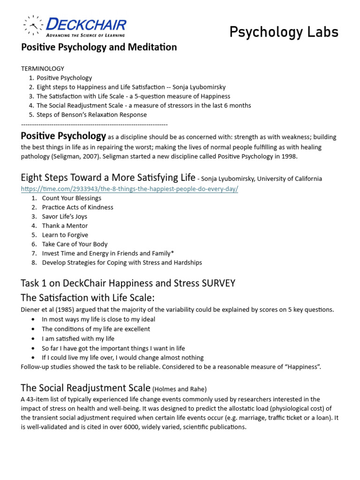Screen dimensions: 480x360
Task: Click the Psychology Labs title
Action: [x=284, y=32]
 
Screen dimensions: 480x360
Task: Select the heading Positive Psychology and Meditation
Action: [x=99, y=47]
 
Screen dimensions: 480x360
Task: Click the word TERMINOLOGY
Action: [x=43, y=68]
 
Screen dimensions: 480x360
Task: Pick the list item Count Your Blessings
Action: [x=71, y=198]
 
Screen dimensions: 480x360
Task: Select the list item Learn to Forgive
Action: [x=65, y=235]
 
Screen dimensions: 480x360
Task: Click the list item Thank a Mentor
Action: [x=65, y=225]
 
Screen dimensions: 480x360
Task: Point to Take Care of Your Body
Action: [x=75, y=244]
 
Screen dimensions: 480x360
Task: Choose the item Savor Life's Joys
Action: [x=64, y=217]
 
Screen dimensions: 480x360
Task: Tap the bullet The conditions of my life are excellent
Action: [x=96, y=329]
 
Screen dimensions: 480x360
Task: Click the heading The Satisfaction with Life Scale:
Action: [x=88, y=298]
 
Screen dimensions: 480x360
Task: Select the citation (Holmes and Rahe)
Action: [x=180, y=389]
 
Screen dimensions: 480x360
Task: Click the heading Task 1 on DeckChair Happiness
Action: [x=128, y=283]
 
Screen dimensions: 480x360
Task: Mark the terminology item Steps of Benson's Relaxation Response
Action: [x=91, y=114]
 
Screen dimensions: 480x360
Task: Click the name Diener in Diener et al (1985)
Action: [x=31, y=309]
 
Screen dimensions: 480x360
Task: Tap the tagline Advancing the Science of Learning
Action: [x=85, y=35]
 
